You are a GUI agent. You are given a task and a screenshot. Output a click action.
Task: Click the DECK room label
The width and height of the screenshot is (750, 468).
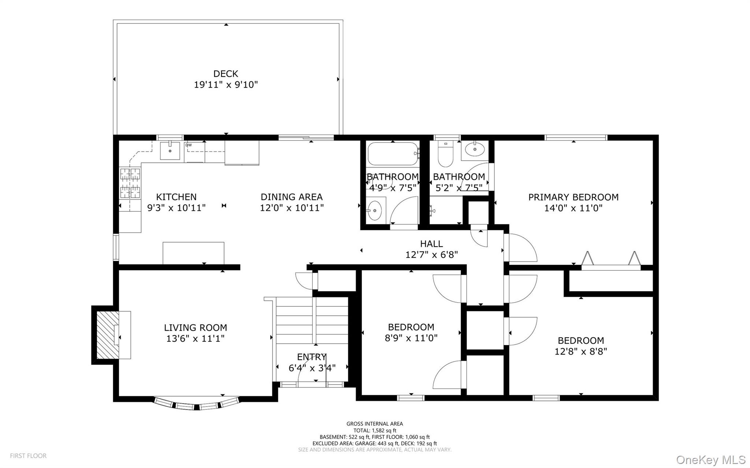pos(226,74)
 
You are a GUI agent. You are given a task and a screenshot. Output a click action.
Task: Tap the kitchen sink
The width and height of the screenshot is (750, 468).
pos(170,150)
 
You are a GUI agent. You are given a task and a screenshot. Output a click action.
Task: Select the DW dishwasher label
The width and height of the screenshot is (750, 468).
pos(189,145)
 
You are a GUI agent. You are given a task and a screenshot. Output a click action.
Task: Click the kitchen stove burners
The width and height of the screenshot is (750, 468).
pos(131,183)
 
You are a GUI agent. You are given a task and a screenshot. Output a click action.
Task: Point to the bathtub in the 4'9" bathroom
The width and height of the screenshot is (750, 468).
pos(393,154)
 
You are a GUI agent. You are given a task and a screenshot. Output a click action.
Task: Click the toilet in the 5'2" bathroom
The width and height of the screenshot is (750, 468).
pos(446,154)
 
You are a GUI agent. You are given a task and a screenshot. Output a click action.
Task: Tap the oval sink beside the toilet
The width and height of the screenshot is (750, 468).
pos(475,149)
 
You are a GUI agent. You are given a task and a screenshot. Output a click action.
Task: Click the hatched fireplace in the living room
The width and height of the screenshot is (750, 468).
pos(108,335)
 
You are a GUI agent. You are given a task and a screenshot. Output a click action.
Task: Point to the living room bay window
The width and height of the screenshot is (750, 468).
pos(197,403)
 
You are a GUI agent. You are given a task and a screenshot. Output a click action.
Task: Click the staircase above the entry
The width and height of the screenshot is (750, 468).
pos(312,321)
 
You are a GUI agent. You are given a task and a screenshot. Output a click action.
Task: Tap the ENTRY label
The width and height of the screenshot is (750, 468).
pos(312,357)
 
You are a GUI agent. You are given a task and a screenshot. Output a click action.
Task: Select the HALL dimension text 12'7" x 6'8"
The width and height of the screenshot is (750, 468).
pos(431,254)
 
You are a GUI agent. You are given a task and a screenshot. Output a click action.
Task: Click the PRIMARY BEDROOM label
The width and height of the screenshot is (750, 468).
pos(573,197)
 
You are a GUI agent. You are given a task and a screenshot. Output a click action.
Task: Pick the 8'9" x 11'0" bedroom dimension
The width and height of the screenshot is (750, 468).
pos(411,338)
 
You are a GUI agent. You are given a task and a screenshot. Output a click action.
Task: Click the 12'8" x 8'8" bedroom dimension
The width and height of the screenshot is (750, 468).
pos(581,352)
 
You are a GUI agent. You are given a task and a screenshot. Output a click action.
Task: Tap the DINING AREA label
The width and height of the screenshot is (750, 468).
pos(292,197)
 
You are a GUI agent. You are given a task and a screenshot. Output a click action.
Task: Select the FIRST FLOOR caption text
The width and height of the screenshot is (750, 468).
pos(28,456)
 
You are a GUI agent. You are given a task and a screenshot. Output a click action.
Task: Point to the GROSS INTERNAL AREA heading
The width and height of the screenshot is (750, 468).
pos(375,424)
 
